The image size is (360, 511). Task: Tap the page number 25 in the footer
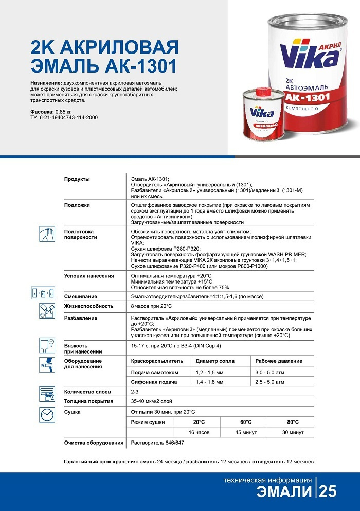point(328,491)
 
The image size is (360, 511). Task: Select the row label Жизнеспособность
point(88,306)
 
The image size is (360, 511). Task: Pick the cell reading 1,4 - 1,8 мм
point(209,382)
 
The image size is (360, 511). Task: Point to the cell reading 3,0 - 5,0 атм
point(269,372)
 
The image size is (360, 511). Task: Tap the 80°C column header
point(293,422)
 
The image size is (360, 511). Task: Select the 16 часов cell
point(199,432)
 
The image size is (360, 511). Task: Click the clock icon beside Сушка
point(47,415)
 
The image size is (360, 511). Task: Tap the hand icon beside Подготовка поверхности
point(47,235)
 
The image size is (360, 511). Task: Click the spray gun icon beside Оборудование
point(47,365)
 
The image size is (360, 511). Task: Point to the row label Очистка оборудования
point(94,443)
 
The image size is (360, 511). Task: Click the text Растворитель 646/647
point(157,443)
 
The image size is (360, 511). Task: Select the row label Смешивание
point(81,297)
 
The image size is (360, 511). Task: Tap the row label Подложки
point(77,205)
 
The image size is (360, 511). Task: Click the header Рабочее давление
point(279,361)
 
